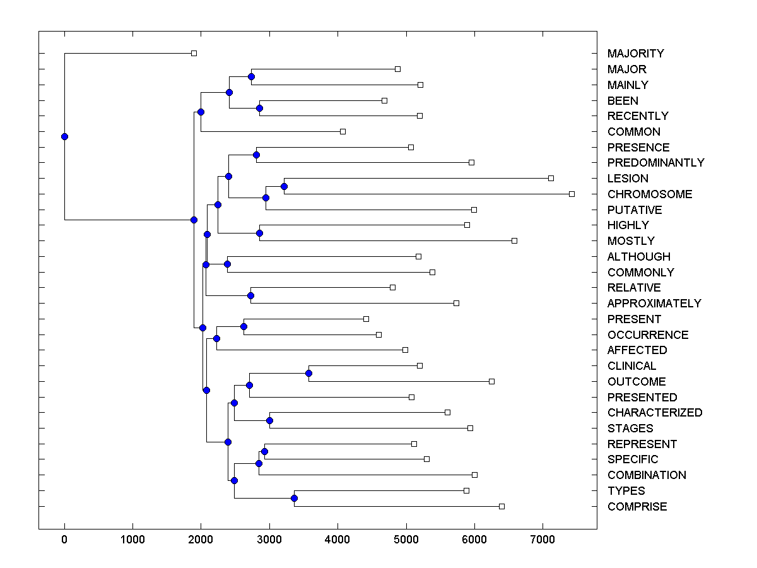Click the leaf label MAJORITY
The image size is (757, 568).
pos(635,54)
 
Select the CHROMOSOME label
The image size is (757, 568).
pos(649,194)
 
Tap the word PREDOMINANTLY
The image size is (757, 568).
pos(655,163)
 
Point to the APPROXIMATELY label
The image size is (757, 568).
pos(654,304)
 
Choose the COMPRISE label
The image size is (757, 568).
pos(637,507)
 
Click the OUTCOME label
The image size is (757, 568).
pos(636,382)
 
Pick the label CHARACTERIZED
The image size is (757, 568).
pos(654,413)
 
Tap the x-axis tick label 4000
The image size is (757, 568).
pos(337,540)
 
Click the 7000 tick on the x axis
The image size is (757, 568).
pos(543,540)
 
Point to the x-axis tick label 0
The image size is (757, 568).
pos(64,540)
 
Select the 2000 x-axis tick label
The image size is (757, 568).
pos(201,540)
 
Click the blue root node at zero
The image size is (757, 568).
pos(64,136)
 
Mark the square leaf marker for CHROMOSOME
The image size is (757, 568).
pos(572,194)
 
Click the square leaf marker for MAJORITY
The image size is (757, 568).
pos(194,53)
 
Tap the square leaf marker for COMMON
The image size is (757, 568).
pos(343,131)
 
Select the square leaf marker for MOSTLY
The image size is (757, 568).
pos(514,240)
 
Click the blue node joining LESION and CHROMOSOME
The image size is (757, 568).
pos(284,186)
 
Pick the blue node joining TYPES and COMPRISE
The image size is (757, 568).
pos(294,499)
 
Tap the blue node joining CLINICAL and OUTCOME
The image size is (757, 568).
pos(308,373)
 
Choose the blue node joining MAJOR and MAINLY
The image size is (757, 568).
pos(251,76)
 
